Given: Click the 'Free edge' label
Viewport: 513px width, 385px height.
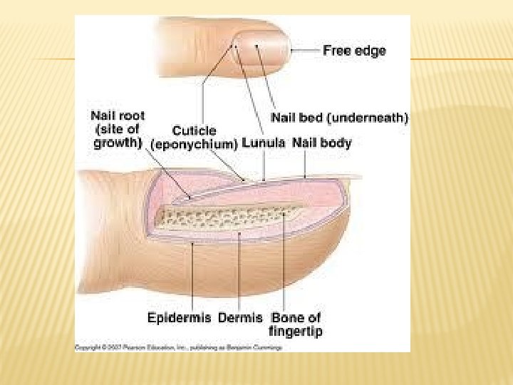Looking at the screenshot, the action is coord(354,51).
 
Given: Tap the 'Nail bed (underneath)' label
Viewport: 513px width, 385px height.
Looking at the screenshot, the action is coord(339,117).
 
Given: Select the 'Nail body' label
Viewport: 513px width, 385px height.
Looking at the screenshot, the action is coord(322,143).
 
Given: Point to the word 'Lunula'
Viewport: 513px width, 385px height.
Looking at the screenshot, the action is coord(264,143).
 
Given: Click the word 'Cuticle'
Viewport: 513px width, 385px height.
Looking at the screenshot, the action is coord(195,131).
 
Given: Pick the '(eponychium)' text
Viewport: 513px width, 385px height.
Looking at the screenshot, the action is coord(195,143).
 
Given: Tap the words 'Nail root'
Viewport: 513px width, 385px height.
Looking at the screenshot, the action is coord(118,115).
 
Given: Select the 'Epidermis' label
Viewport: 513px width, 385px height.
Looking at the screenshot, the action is coord(178,318).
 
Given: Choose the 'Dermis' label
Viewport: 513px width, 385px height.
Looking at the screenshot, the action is coord(240,318).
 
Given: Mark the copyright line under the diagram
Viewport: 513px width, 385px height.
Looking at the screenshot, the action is coord(178,347).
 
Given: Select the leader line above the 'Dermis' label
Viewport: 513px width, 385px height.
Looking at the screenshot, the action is coord(241,271).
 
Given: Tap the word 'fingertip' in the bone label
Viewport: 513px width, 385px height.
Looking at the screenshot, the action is coord(294,331).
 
